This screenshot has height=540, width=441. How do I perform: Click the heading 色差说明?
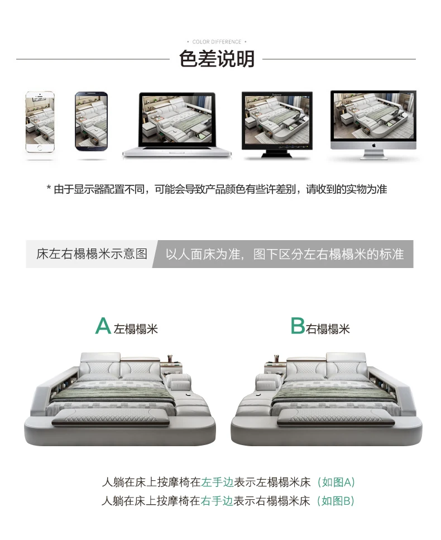tap(217, 59)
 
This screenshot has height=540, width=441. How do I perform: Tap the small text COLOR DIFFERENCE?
tap(217, 42)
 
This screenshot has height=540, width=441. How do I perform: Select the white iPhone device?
tap(40, 122)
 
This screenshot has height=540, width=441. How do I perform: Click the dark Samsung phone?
tap(92, 121)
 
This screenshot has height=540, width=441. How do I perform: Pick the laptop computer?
tap(177, 125)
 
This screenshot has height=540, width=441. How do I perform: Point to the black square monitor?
tap(277, 125)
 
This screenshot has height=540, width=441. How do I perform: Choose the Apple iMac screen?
tap(373, 125)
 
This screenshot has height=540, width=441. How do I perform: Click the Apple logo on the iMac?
tap(373, 145)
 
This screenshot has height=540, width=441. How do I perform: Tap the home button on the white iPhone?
tap(40, 148)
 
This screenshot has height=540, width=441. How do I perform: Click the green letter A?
tap(103, 326)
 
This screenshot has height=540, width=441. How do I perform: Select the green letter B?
tap(298, 326)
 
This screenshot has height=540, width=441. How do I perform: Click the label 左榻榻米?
tap(136, 329)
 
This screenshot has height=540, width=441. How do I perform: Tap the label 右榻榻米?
tap(328, 329)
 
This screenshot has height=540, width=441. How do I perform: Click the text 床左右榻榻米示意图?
tap(92, 254)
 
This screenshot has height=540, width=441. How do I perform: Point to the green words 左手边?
tap(218, 482)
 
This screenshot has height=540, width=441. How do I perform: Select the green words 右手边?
tap(217, 500)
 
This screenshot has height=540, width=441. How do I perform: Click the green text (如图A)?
tap(336, 482)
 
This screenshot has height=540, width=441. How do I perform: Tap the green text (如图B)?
tap(335, 500)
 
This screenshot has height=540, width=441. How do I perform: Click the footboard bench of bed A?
tap(111, 417)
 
